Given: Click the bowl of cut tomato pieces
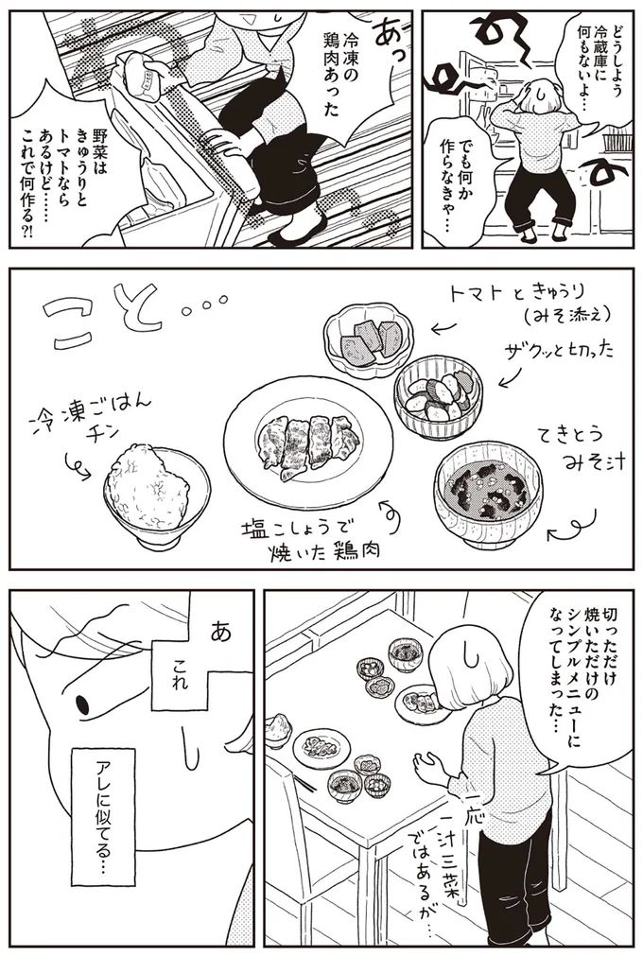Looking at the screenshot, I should click(x=363, y=337).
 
